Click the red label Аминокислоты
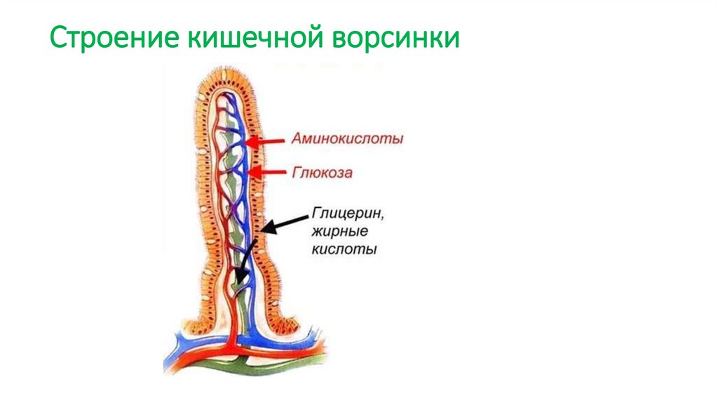click(348, 140)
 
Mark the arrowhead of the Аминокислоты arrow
click(250, 140)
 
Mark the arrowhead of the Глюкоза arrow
click(251, 172)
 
